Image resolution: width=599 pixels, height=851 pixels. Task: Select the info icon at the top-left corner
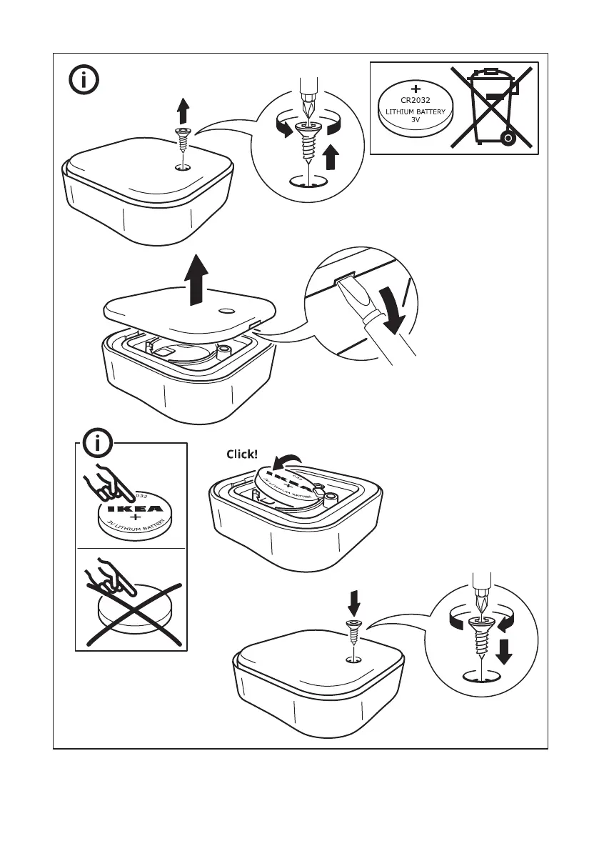coord(85,79)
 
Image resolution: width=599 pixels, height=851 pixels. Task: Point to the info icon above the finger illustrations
coord(99,445)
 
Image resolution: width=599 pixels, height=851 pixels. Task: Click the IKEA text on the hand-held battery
coord(134,509)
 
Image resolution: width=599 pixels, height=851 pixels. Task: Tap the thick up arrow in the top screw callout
coord(331,156)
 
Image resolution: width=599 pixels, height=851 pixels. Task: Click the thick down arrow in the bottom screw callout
coord(505,651)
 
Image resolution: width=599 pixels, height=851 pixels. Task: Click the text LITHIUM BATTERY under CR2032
coord(416,112)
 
